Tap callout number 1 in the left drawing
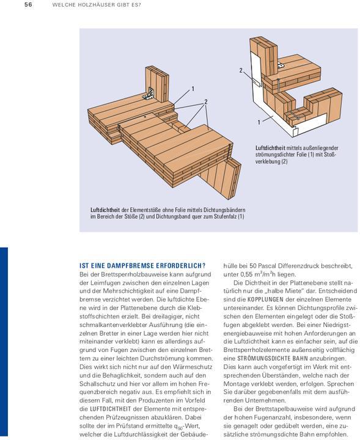tap(193, 89)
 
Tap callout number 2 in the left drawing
tap(206, 101)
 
